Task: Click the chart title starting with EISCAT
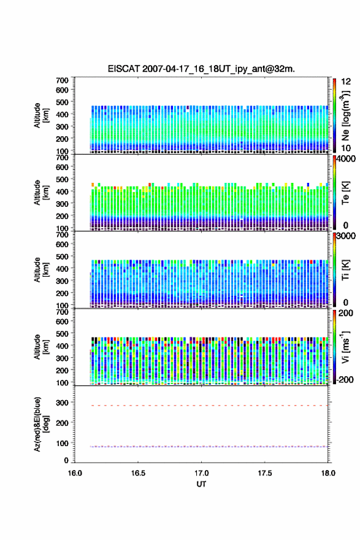pyautogui.click(x=201, y=69)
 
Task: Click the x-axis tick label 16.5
pyautogui.click(x=138, y=473)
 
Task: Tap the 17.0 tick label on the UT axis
pyautogui.click(x=201, y=473)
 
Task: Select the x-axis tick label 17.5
pyautogui.click(x=265, y=473)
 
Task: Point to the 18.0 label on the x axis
pyautogui.click(x=328, y=473)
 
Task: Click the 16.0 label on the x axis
pyautogui.click(x=75, y=473)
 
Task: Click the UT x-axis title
pyautogui.click(x=201, y=484)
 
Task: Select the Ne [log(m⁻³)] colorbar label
pyautogui.click(x=347, y=116)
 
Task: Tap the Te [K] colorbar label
pyautogui.click(x=345, y=193)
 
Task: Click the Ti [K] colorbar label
pyautogui.click(x=345, y=270)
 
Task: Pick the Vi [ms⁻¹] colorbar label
pyautogui.click(x=345, y=347)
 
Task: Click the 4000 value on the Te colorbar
pyautogui.click(x=346, y=159)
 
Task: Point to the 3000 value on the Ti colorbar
pyautogui.click(x=346, y=236)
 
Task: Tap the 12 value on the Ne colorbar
pyautogui.click(x=347, y=82)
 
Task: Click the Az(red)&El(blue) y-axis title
pyautogui.click(x=41, y=424)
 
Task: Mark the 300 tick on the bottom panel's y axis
pyautogui.click(x=63, y=403)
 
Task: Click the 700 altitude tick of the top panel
pyautogui.click(x=63, y=80)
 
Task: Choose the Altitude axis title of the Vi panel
pyautogui.click(x=41, y=347)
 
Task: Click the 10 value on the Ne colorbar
pyautogui.click(x=347, y=148)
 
